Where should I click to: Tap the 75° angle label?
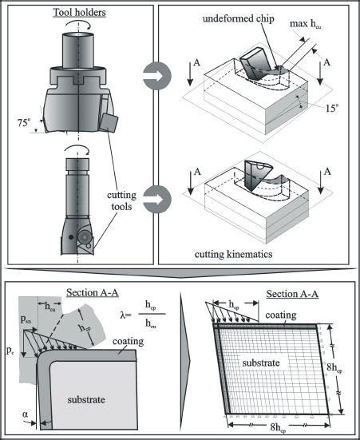pyautogui.click(x=25, y=124)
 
